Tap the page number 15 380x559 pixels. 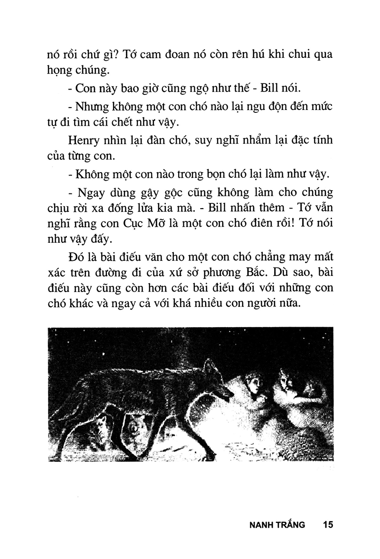(328, 525)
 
